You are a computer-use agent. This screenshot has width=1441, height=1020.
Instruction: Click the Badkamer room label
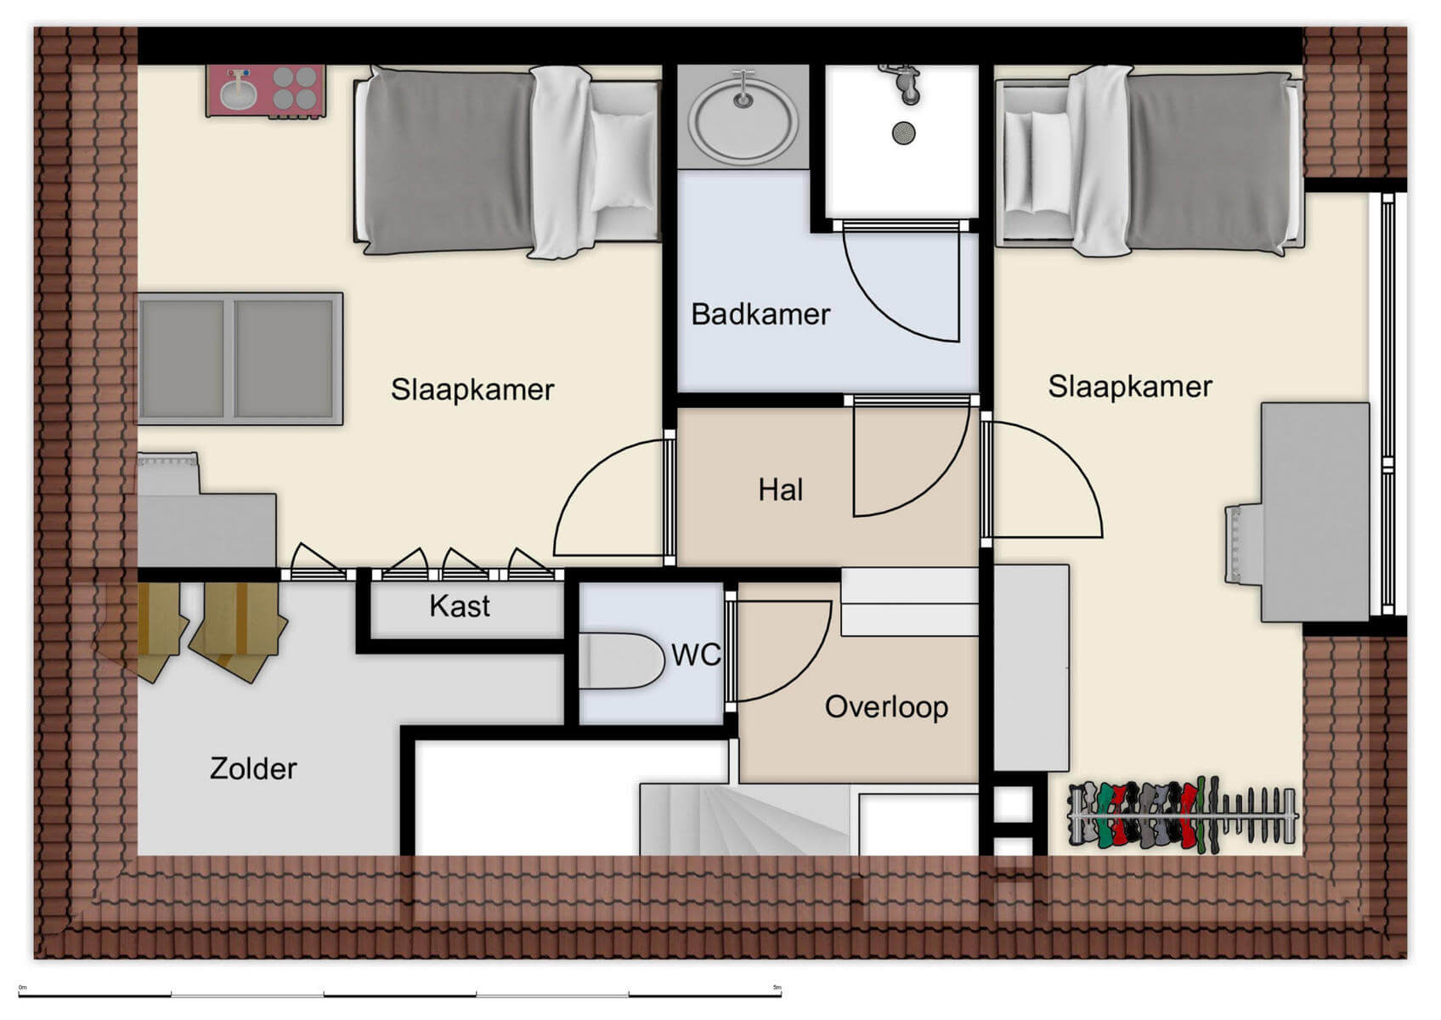(x=760, y=314)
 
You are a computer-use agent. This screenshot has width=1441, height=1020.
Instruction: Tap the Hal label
(x=780, y=490)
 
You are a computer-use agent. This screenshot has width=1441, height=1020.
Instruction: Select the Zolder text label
(x=253, y=768)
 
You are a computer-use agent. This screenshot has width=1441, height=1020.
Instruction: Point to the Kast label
(x=459, y=606)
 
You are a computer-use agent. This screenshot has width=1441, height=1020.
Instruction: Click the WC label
(x=696, y=654)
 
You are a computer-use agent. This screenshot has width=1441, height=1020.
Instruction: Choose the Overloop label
(x=886, y=707)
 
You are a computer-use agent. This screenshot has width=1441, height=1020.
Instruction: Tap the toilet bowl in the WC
(x=624, y=660)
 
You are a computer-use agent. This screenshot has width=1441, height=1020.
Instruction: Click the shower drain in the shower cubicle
(x=903, y=133)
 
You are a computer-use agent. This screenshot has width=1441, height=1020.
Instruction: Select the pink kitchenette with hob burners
(x=266, y=90)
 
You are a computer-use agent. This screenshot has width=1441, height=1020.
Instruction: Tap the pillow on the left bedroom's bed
(x=622, y=161)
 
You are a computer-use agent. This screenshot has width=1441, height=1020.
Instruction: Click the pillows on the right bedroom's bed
(x=1037, y=161)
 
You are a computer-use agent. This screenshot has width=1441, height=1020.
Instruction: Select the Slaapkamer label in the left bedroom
(x=472, y=389)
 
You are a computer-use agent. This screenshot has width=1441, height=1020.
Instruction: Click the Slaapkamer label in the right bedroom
(x=1129, y=387)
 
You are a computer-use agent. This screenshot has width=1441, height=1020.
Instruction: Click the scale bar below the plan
(x=399, y=993)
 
